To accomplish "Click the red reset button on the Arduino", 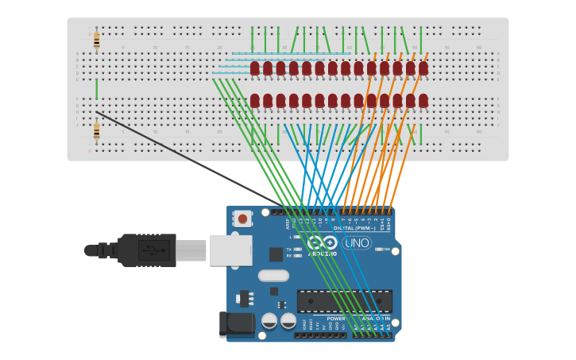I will tap(242, 218).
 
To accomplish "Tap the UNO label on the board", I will tap(357, 242).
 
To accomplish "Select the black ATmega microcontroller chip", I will tap(344, 301).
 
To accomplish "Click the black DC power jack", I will tap(236, 323).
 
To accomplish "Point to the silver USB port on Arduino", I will tap(231, 250).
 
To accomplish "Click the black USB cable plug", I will tap(146, 250).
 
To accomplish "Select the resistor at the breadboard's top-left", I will tap(96, 40).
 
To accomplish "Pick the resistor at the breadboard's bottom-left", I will tap(96, 131).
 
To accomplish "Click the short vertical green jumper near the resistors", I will tap(96, 88).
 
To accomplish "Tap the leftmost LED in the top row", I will tap(255, 68).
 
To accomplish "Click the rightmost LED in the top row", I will tap(423, 68).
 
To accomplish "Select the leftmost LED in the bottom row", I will tap(255, 101).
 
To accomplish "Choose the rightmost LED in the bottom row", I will tap(423, 101).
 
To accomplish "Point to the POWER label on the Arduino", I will tap(336, 319).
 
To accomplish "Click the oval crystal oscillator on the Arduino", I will tap(273, 277).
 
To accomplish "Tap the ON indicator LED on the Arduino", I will tap(378, 250).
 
